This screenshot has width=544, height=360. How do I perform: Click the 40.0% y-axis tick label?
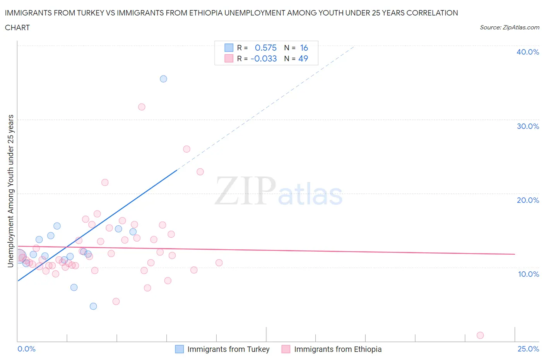528,52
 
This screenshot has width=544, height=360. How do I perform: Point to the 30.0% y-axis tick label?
528,126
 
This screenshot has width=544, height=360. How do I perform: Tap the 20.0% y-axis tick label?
528,200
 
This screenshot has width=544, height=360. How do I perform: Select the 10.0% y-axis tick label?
528,274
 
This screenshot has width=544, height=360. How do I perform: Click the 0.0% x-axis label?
27,349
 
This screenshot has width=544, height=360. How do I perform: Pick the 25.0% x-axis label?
528,349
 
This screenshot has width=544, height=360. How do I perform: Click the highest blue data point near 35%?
163,79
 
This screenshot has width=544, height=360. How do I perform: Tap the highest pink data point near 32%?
142,107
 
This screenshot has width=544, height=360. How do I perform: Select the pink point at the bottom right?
480,335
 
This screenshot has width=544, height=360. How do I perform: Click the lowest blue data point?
93,306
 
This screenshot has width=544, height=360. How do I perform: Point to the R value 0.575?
266,48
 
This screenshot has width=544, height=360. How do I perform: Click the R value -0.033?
264,58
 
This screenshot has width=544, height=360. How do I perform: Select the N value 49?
303,58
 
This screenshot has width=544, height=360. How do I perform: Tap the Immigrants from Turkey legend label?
228,349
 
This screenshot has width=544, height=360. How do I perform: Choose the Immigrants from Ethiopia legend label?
338,349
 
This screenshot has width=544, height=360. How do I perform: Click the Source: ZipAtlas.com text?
509,27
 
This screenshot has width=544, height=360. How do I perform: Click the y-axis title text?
10,191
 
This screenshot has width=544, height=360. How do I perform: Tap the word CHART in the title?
17,27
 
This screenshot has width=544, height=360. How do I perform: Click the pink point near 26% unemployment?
186,149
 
